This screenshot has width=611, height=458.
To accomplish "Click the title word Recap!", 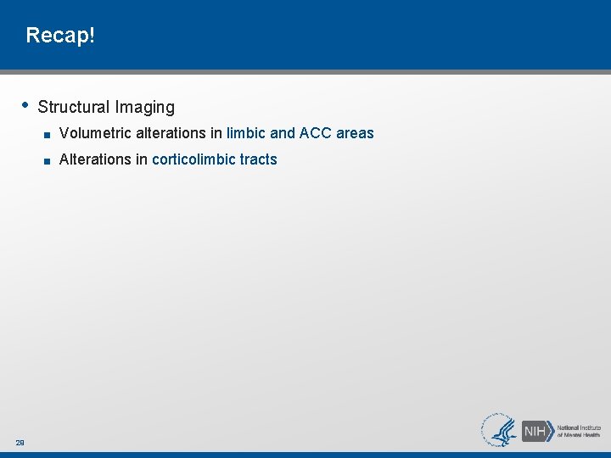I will click(61, 36).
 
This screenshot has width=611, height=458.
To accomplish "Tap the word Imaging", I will click(145, 108).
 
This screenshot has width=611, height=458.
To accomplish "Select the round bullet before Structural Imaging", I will click(25, 105).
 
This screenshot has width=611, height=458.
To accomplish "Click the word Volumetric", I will click(94, 133).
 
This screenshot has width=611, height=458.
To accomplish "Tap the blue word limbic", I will click(246, 133).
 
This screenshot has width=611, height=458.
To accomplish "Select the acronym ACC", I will click(316, 133).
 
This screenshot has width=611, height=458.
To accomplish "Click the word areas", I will click(355, 133).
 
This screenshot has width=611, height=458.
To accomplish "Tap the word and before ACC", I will click(283, 133).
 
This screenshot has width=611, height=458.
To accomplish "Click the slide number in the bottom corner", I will click(20, 442).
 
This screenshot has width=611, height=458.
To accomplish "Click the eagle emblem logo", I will click(501, 430).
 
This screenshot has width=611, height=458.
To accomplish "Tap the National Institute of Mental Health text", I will click(580, 431).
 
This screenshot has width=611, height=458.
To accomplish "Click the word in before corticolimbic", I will click(142, 159).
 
